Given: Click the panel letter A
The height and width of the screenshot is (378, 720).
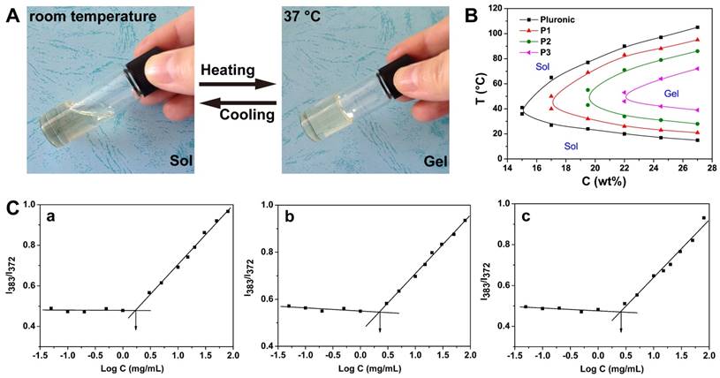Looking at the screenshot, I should [x=11, y=15].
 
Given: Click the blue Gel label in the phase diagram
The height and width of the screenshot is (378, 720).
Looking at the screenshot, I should [x=650, y=92].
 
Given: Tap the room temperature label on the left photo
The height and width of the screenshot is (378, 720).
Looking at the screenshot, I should [x=82, y=15].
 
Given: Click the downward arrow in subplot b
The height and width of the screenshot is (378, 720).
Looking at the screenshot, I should [x=381, y=323].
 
